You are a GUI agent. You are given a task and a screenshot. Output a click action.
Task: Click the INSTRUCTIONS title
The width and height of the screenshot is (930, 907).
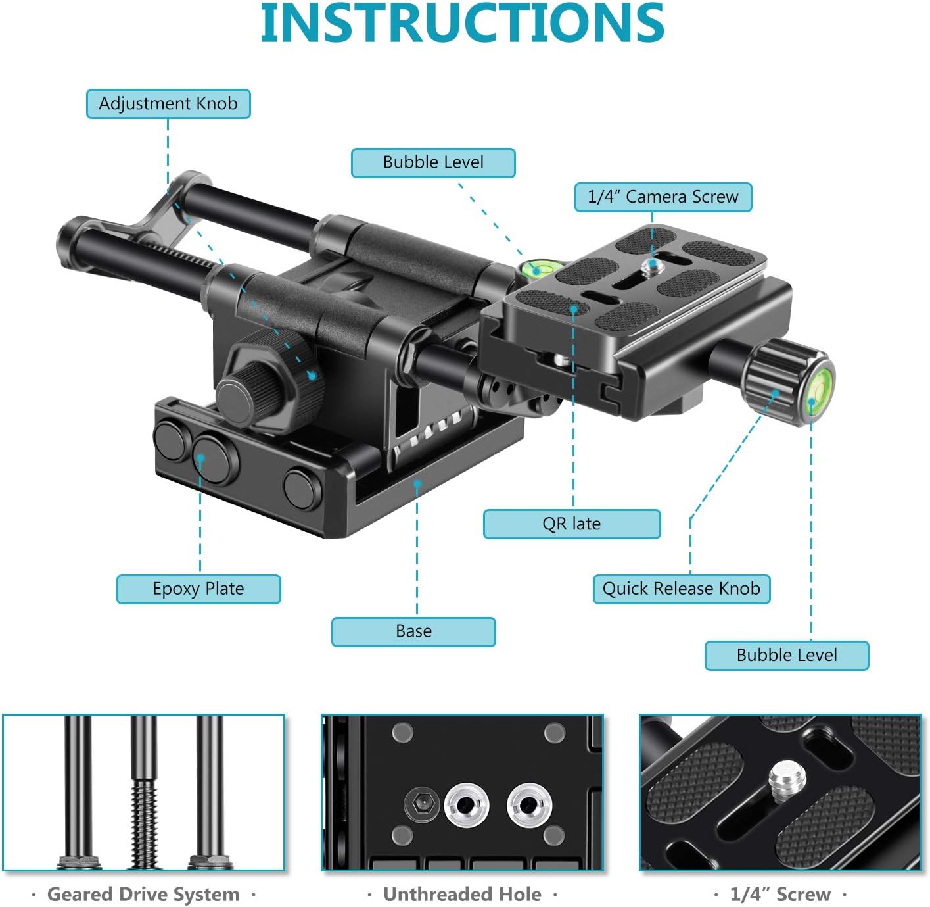point(463,24)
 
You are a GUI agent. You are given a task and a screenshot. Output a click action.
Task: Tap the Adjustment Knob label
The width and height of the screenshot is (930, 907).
point(168,104)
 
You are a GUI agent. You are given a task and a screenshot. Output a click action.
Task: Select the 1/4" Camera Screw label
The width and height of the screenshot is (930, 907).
point(663,197)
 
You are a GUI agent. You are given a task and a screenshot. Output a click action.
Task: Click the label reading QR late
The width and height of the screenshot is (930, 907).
point(571,524)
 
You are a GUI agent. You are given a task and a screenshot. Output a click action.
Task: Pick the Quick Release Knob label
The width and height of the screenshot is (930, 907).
point(681,589)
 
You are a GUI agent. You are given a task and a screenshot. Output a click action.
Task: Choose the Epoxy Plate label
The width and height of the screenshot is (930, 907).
point(198,589)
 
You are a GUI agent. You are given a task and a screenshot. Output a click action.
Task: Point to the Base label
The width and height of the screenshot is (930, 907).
point(413,631)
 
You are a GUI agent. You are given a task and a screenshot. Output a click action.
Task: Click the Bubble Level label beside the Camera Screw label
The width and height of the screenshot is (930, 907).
point(433,162)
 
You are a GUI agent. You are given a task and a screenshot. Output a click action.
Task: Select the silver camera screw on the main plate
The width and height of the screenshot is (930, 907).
point(652,266)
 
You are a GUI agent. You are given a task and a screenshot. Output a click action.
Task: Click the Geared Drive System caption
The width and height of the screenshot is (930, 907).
point(143,895)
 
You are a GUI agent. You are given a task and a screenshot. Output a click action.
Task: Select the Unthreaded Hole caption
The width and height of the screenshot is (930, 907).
point(462,895)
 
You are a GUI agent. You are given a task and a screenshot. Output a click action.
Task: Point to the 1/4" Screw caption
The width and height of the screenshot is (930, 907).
point(780,895)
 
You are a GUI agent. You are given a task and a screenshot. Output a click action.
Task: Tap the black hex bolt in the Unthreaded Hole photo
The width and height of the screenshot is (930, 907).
point(421,803)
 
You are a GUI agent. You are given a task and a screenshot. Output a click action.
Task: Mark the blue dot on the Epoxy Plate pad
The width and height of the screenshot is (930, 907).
point(201,456)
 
